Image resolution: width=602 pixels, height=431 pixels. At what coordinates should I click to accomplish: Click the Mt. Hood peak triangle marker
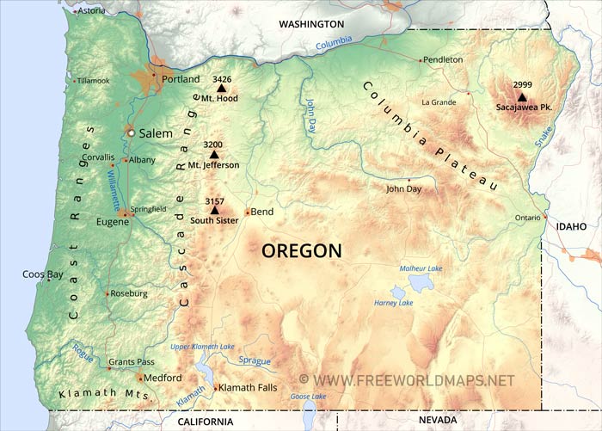click(221, 88)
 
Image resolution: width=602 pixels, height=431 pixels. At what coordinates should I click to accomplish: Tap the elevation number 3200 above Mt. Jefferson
click(213, 145)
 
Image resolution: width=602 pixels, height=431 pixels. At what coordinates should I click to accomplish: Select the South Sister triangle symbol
click(214, 210)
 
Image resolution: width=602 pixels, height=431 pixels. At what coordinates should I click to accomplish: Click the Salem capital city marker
click(131, 133)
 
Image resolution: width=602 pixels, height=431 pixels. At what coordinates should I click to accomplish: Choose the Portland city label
click(181, 79)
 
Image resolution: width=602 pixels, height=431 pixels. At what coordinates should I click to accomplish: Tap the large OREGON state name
click(301, 250)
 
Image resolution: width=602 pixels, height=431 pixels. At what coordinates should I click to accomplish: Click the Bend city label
click(261, 212)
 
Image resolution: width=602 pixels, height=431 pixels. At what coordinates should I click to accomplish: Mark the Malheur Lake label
click(421, 268)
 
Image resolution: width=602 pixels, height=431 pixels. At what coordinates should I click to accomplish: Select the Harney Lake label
click(394, 303)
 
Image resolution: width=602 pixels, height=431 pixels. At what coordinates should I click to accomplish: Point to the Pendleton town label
click(444, 59)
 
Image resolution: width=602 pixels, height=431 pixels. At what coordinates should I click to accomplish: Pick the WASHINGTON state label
click(310, 24)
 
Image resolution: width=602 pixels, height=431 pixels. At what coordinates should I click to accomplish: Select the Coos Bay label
click(42, 274)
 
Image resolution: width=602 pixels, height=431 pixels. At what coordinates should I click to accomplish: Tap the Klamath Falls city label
click(248, 388)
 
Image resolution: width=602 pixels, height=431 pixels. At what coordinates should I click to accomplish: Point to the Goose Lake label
click(307, 397)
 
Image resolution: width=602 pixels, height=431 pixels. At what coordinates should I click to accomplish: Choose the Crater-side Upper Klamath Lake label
click(202, 347)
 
